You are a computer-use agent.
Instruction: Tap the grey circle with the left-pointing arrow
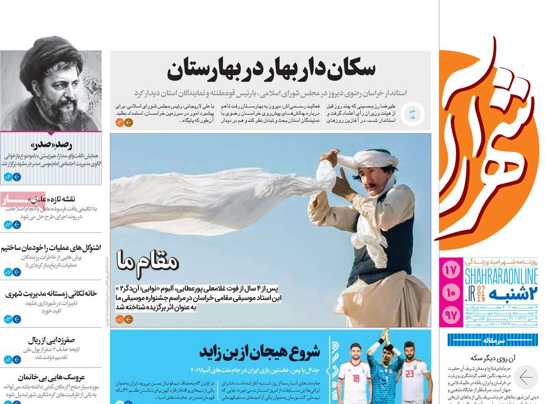[x=525, y=378]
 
